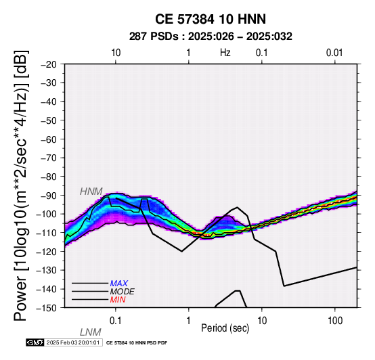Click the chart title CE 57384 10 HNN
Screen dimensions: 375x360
(211, 19)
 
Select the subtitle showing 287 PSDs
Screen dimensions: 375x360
(211, 37)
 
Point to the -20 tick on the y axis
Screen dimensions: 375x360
(49, 64)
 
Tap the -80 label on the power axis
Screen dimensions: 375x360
(49, 177)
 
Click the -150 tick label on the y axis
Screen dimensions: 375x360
(47, 308)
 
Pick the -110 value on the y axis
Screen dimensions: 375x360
(47, 233)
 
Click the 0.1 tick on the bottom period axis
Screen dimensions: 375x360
(116, 321)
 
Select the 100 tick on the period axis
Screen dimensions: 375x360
(335, 321)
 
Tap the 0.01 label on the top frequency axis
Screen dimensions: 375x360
(334, 53)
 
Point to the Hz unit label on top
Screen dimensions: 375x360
(225, 53)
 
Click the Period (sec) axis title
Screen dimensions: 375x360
(225, 328)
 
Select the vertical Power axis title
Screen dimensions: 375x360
(21, 185)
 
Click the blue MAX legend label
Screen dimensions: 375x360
(119, 284)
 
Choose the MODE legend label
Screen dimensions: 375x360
(123, 292)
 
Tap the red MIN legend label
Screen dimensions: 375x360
(118, 300)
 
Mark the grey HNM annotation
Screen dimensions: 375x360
(91, 192)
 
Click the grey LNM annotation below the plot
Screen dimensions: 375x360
(91, 332)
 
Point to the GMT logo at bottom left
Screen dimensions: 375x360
(35, 342)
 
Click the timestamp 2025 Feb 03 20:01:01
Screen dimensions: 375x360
(73, 342)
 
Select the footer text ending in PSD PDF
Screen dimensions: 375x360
(137, 343)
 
